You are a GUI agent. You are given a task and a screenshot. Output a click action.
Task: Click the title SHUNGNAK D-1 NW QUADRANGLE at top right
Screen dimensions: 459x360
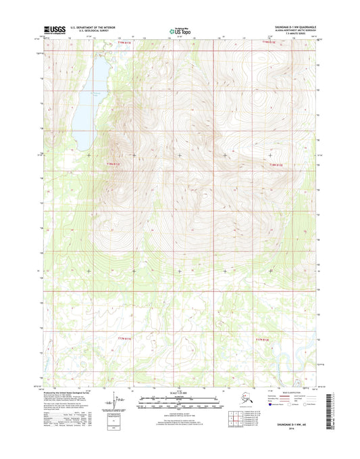pyautogui.click(x=291, y=27)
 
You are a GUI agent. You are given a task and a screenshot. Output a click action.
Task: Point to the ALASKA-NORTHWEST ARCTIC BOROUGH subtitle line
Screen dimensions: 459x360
pyautogui.click(x=291, y=31)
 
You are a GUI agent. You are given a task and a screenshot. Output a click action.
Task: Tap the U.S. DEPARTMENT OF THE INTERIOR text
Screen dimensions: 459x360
pyautogui.click(x=87, y=27)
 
